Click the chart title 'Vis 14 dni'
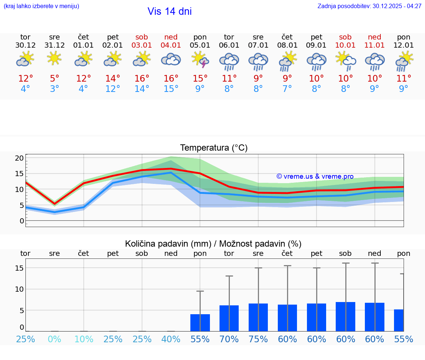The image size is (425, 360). coord(169,11)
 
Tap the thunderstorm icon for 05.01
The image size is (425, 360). coord(200,60)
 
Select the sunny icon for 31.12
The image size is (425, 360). coord(54,58)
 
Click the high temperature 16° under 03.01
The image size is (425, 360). coord(142,79)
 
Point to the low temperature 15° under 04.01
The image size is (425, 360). coord(171,89)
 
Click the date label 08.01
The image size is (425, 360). coord(287,45)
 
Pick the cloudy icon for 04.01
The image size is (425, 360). coord(171,59)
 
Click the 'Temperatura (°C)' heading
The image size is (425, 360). coord(214,148)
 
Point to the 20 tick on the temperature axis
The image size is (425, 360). coord(20,158)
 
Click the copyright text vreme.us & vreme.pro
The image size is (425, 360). coord(315,176)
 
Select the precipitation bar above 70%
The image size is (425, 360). coord(229,318)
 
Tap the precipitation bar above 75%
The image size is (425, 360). coord(258,318)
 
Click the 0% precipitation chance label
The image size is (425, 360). coord(54,339)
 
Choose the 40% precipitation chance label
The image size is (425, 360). coord(171,339)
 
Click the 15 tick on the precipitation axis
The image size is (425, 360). coord(20,268)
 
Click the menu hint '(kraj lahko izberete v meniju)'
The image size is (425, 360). coord(41,6)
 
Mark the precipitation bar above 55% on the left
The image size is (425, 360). coord(200,323)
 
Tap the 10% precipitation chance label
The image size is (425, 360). coord(84,339)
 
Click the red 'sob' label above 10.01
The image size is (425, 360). coord(345,37)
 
